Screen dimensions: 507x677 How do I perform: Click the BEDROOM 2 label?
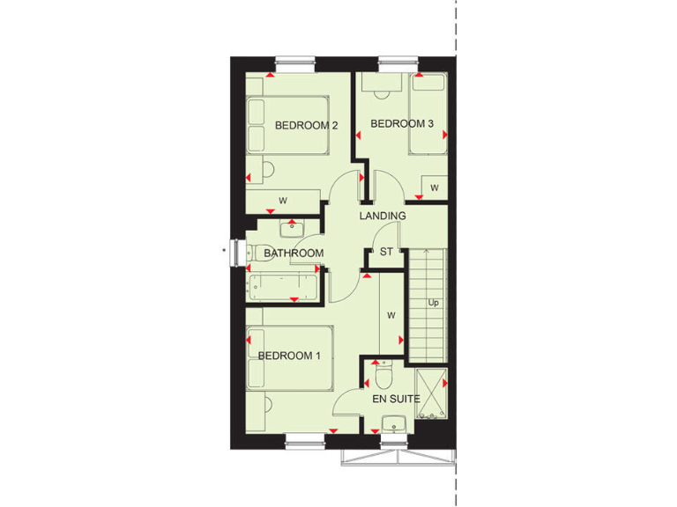tap(306, 125)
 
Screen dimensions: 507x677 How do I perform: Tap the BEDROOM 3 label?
tap(402, 124)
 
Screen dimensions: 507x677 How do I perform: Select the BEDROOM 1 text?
tap(289, 356)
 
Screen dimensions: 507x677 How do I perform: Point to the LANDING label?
tap(382, 216)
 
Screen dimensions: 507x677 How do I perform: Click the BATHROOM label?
tap(294, 253)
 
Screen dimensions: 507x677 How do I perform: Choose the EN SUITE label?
tap(395, 399)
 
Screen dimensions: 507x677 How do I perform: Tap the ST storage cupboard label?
tap(386, 252)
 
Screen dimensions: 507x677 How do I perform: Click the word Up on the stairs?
tap(433, 303)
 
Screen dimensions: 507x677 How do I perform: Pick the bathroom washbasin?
tap(292, 229)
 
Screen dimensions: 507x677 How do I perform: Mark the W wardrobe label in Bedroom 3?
tap(435, 187)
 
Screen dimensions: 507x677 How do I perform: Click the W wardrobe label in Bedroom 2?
tap(283, 202)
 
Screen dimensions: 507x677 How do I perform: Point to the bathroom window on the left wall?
tap(235, 252)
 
